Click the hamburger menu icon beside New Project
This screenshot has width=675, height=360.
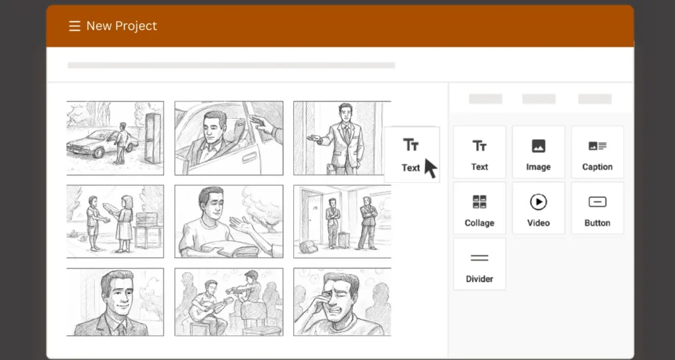tap(74, 26)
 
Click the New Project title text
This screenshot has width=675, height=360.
tap(121, 26)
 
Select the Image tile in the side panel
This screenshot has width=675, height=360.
tap(538, 152)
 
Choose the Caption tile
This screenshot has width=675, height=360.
tap(597, 152)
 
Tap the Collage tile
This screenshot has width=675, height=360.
tap(479, 208)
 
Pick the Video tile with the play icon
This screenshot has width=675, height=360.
tap(538, 208)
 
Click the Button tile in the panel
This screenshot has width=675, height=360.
tap(597, 208)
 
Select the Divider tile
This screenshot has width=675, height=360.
tap(479, 264)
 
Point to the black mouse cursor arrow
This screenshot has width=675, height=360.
tap(430, 167)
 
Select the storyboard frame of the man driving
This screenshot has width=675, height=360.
tap(228, 138)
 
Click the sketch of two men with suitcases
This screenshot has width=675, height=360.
tap(341, 221)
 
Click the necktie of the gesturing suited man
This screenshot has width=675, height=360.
tap(345, 135)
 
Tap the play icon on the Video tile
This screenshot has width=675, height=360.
tap(538, 202)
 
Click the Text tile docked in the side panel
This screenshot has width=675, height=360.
tap(479, 152)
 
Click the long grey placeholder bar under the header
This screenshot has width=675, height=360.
tap(231, 65)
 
